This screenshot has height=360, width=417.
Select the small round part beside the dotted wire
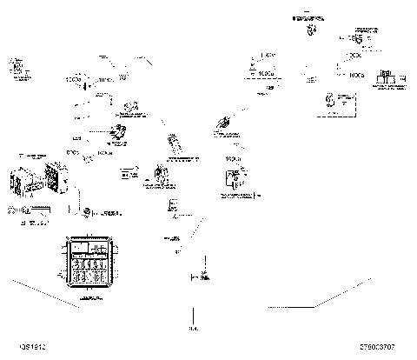86,211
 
